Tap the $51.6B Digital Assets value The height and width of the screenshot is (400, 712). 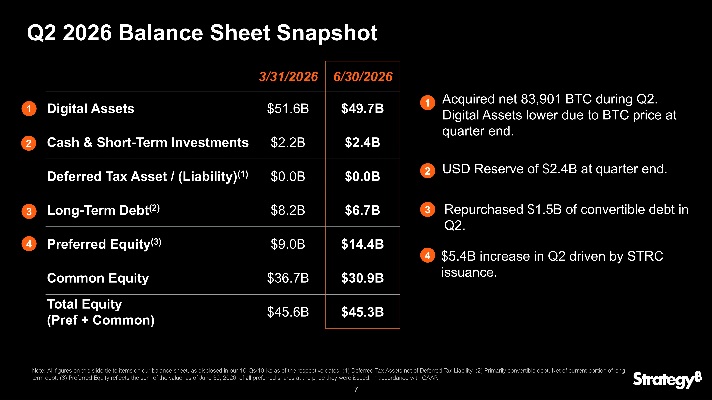click(x=288, y=109)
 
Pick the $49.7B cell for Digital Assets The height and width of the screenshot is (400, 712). click(x=362, y=109)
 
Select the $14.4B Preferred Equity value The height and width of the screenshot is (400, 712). click(x=362, y=244)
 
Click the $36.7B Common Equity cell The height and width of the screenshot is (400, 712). click(x=288, y=278)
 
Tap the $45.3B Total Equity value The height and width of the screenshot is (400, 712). click(x=362, y=312)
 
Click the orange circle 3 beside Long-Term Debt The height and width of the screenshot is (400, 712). click(x=29, y=211)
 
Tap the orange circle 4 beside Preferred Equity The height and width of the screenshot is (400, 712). click(x=29, y=244)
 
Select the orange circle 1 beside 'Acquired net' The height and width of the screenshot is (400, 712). click(x=428, y=103)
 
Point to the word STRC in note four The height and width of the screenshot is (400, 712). click(x=645, y=256)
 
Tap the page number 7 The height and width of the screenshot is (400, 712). click(x=356, y=389)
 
